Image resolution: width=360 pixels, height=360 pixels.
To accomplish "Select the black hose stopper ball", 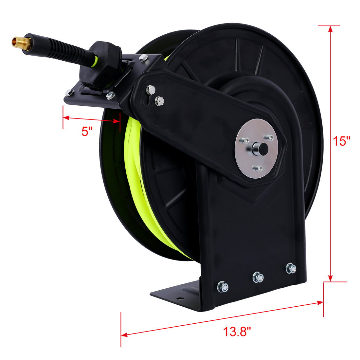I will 104,62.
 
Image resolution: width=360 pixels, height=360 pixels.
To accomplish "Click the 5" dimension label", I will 87,132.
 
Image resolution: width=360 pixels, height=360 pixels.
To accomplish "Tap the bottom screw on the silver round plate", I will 259,168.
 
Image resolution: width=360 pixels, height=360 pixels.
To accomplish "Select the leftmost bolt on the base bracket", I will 223,286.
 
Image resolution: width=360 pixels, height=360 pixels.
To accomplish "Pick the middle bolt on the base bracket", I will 258,278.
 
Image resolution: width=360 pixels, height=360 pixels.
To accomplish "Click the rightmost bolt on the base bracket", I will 291,268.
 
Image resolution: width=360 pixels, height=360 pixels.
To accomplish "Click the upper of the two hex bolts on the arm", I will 150,89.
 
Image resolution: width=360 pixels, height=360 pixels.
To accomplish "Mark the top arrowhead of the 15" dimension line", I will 331,29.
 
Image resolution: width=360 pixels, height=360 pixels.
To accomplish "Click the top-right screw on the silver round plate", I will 270,137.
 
